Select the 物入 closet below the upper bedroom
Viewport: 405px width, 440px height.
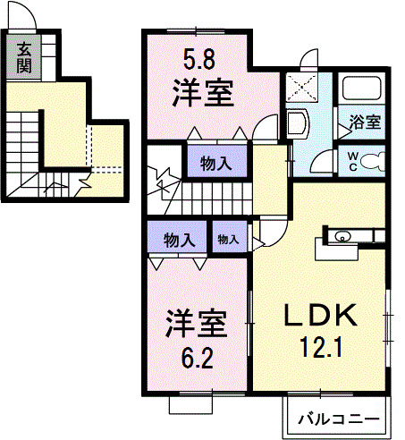point(213,163)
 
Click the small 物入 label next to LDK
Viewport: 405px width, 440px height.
point(229,239)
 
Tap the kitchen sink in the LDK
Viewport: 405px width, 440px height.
point(342,237)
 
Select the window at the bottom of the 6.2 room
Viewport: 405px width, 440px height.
point(194,403)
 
